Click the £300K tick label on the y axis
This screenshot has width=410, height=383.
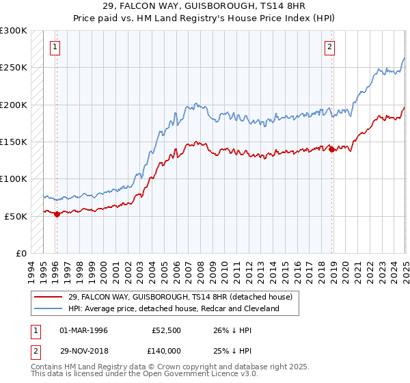tap(14, 31)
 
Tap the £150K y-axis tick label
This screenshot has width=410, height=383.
tap(14, 142)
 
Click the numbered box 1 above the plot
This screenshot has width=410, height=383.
tap(55, 47)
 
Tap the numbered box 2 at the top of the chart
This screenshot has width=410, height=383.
tap(329, 47)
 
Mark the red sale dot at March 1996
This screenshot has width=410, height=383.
tap(57, 214)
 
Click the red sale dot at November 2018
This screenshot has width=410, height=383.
tap(331, 149)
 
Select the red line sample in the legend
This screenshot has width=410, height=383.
tap(49, 297)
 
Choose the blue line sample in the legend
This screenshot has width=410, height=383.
tap(49, 309)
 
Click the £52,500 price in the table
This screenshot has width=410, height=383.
tap(167, 330)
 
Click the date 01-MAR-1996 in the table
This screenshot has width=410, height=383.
tap(84, 330)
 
